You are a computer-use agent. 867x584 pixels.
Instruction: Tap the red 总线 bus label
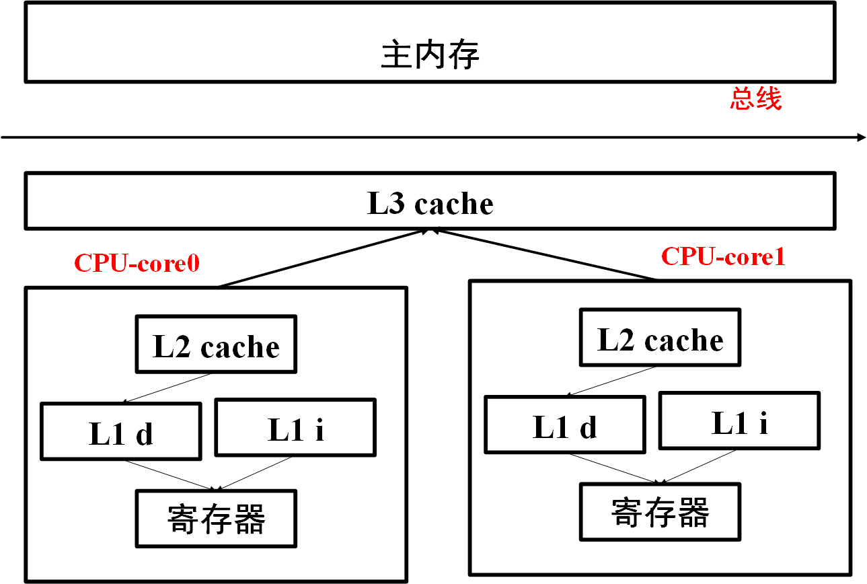point(756,100)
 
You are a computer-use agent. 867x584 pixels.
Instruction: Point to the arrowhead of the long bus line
point(862,137)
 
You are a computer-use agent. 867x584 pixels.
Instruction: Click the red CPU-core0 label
point(137,263)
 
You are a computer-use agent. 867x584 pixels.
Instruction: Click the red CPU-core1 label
point(723,256)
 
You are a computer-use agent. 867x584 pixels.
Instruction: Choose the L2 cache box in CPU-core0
point(216,344)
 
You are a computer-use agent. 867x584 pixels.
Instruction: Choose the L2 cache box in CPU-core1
point(660,338)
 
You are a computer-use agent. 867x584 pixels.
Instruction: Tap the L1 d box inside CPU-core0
point(120,431)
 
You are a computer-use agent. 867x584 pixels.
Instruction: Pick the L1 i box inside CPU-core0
point(295,428)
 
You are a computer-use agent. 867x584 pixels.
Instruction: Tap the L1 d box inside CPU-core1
point(564,425)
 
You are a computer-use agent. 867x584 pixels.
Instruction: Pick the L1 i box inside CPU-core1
point(739,421)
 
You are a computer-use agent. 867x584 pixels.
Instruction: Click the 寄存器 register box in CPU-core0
point(216,518)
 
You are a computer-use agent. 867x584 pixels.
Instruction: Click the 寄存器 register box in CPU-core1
point(660,511)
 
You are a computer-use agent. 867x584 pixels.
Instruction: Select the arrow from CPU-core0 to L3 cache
point(323,258)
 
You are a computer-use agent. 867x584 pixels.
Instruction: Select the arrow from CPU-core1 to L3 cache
point(545,254)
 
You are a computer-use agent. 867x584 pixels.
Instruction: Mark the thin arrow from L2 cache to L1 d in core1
point(612,381)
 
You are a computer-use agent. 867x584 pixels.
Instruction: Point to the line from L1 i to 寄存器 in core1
point(700,466)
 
